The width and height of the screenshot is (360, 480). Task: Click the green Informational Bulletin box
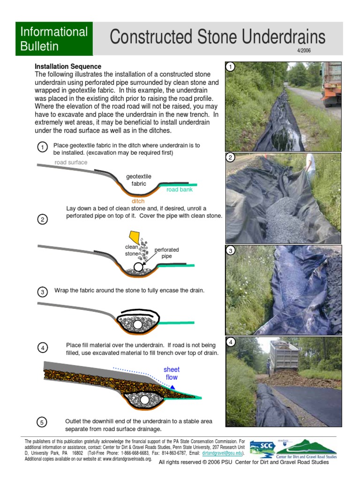(x=54, y=39)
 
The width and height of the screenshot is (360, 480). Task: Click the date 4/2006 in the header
(x=303, y=50)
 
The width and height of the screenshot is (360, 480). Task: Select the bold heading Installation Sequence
(x=68, y=67)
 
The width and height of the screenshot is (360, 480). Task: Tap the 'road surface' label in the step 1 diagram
(x=71, y=162)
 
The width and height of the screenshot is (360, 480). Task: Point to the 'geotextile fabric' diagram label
(x=139, y=180)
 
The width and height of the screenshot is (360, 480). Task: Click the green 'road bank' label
(x=180, y=190)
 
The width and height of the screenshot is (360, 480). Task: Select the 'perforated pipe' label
(x=167, y=253)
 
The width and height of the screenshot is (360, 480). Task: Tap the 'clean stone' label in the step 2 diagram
(x=131, y=250)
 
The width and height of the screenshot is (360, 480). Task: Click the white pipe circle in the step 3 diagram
(x=137, y=324)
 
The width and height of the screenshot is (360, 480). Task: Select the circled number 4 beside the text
(x=42, y=348)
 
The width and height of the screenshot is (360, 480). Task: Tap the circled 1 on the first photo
(x=230, y=67)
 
